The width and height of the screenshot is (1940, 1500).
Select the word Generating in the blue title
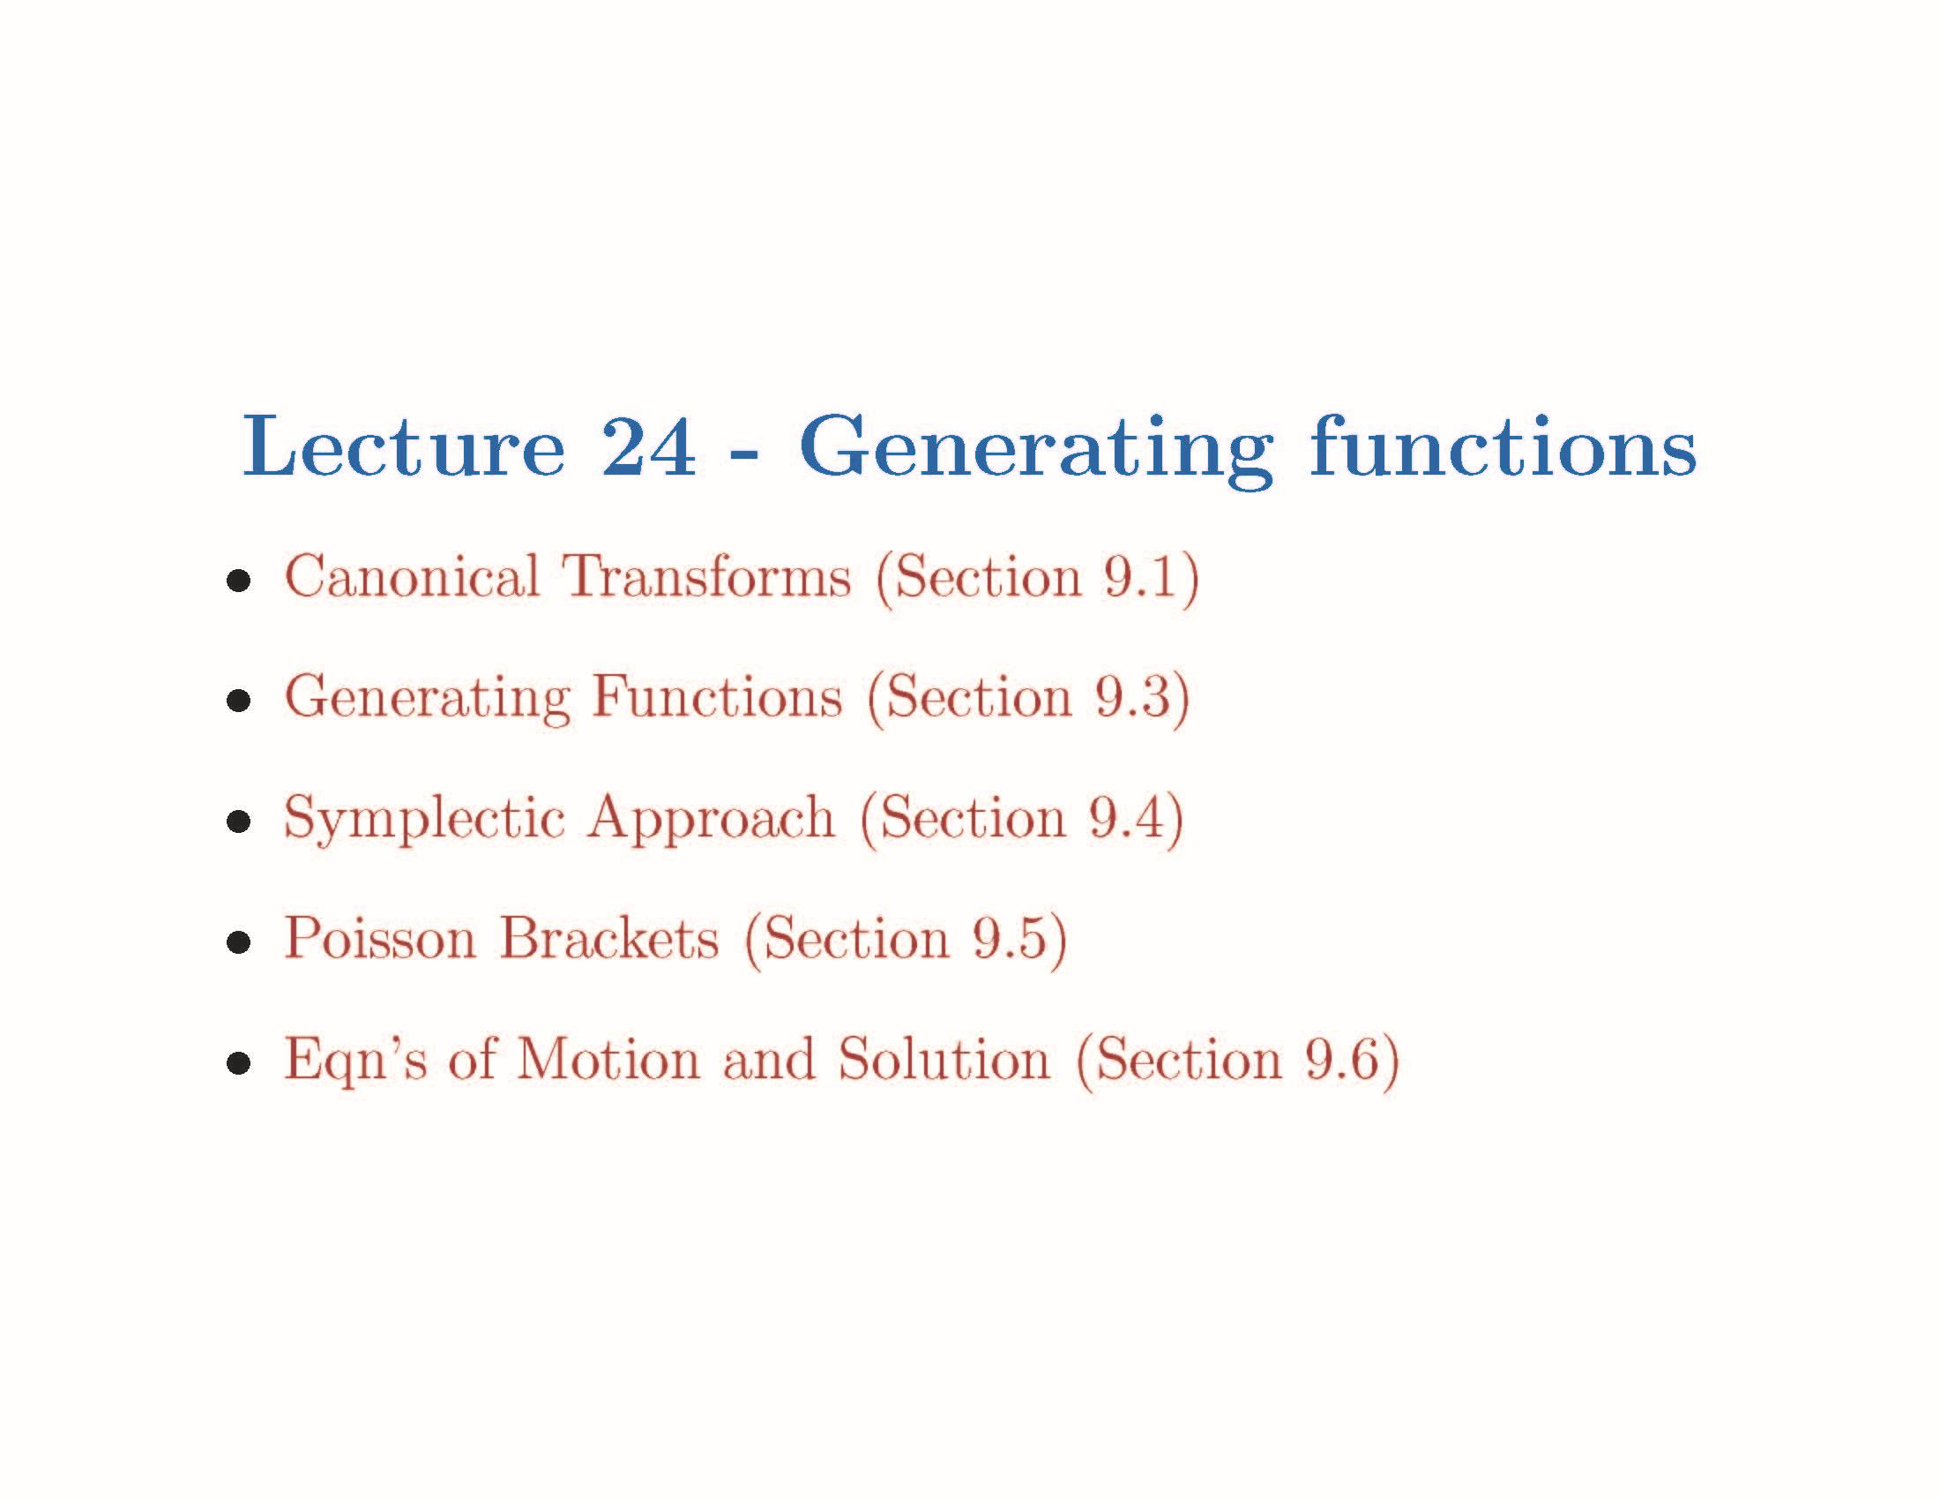(1036, 450)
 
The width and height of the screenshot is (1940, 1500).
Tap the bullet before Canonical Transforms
(238, 582)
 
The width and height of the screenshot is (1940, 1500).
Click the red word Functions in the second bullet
(717, 698)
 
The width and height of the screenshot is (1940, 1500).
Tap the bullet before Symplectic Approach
(238, 822)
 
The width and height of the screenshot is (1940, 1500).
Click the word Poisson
(380, 939)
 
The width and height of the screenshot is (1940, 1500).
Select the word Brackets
(609, 939)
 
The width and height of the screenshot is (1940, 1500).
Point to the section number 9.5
(1009, 939)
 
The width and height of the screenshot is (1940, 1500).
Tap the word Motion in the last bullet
(608, 1059)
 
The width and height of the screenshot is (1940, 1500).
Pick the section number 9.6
(1341, 1059)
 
